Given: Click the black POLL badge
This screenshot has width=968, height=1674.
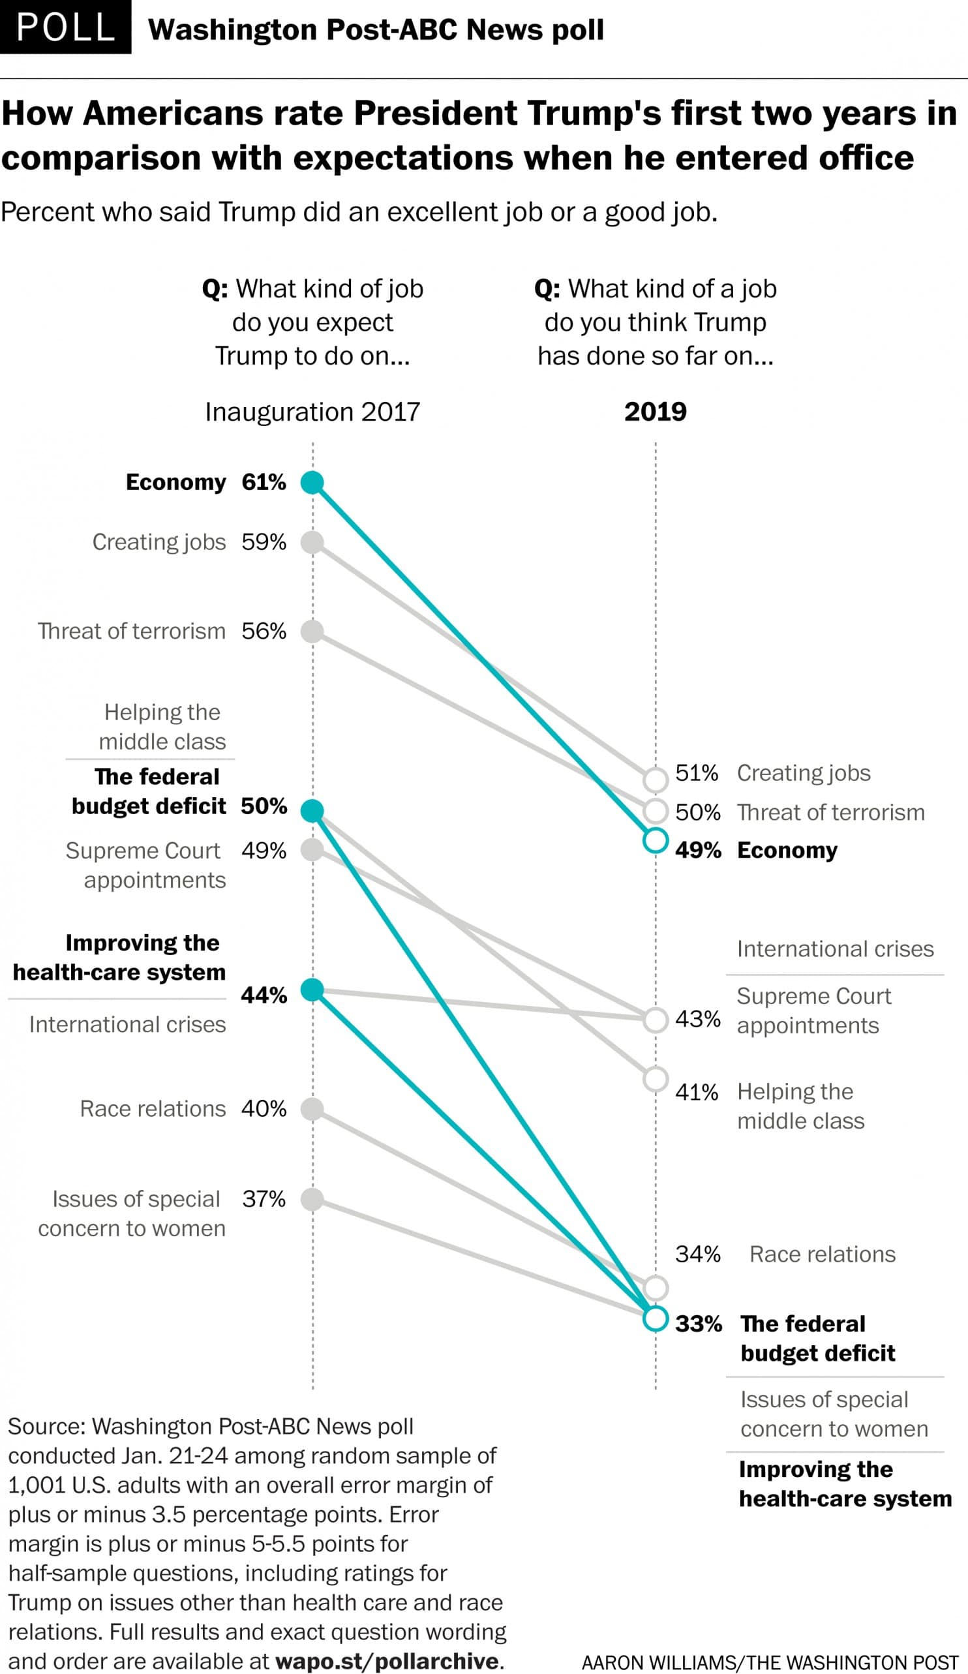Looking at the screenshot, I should point(65,27).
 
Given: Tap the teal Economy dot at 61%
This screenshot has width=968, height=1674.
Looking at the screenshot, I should point(312,482).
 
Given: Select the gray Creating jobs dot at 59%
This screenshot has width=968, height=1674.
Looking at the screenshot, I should point(312,542).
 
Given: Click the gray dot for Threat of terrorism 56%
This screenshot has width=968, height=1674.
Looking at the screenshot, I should point(312,631).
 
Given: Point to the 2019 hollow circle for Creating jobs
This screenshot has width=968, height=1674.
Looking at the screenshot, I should point(656,780).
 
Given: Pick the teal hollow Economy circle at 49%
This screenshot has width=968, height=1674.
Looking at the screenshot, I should point(656,840).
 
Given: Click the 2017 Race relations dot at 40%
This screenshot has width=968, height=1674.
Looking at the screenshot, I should point(312,1108).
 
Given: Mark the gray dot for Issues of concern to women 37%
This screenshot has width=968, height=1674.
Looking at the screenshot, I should point(312,1199).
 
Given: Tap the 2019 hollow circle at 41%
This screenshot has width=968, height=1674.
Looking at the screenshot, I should point(656,1080).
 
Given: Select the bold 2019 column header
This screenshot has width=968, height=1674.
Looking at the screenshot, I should point(655,412).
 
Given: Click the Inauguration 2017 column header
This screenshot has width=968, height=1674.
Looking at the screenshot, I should point(312,412).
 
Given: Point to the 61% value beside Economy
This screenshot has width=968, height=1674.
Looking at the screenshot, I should point(264,482).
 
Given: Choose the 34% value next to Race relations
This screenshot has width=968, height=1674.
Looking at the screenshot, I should point(697,1254).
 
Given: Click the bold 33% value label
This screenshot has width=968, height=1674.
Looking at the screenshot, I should point(698,1324).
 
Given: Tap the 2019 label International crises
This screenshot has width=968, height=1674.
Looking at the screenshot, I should point(835,949).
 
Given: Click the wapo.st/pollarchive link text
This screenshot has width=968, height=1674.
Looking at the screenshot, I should point(387,1661).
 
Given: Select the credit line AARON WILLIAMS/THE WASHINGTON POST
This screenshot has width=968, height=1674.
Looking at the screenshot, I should point(770,1663).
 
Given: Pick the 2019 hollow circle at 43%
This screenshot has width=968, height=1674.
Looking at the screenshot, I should point(656,1020).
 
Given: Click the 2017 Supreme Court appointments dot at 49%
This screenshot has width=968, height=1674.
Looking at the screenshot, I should point(312,849).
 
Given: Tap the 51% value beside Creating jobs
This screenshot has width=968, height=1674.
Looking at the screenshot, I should point(697,772).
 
